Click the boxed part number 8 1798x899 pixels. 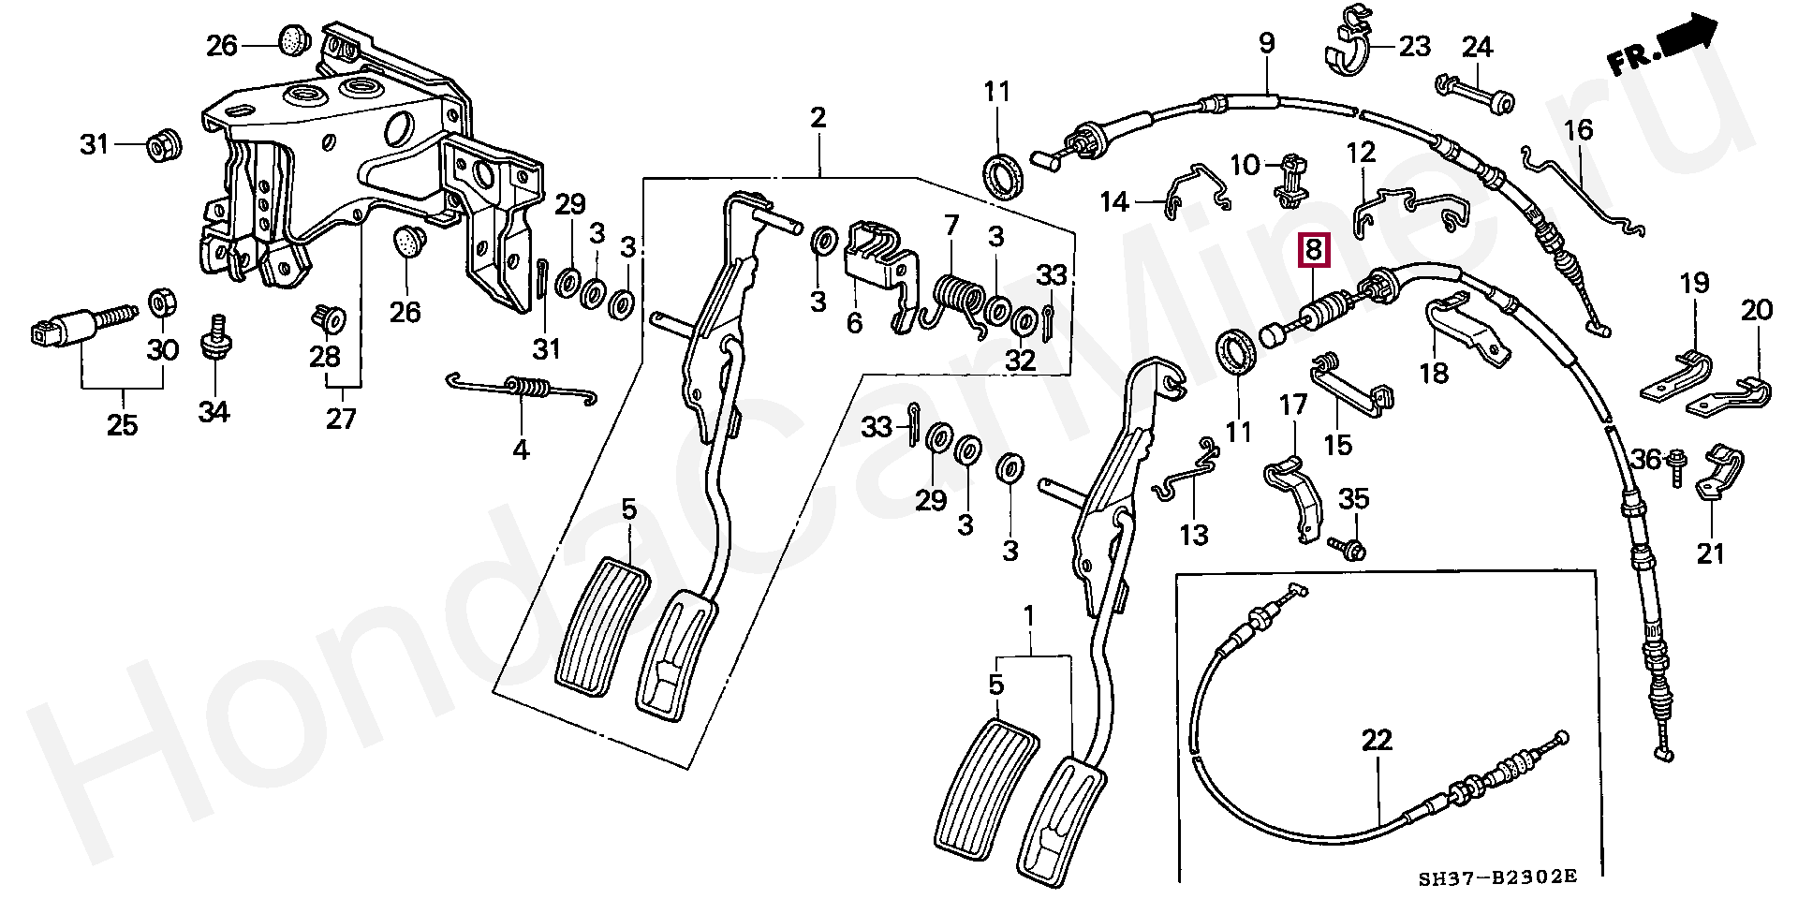(1313, 250)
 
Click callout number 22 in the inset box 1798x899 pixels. (1377, 741)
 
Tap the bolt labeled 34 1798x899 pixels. (214, 344)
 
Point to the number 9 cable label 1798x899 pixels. (1266, 43)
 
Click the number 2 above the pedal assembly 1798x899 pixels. (818, 119)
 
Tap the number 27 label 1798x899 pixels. (342, 418)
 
